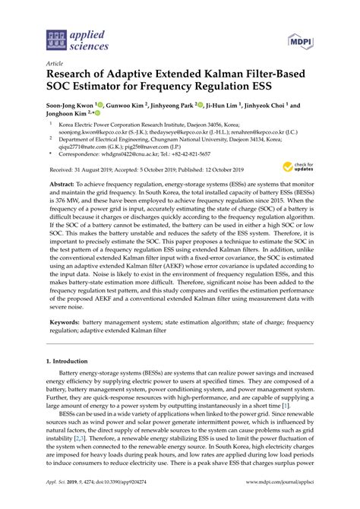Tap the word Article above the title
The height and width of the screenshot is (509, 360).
coord(55,64)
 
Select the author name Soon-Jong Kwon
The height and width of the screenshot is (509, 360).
coord(72,106)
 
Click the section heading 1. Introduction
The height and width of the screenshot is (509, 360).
coord(72,383)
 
